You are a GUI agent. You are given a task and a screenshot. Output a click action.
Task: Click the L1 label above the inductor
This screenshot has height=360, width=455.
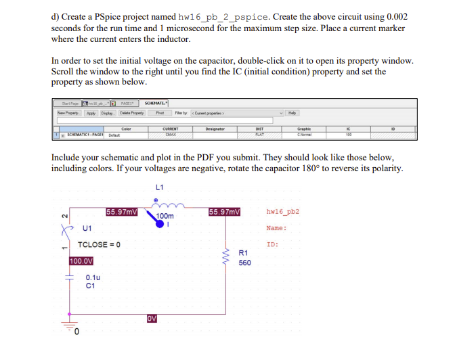[x=160, y=187]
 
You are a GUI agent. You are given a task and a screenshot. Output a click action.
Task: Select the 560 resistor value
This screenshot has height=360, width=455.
[x=245, y=263]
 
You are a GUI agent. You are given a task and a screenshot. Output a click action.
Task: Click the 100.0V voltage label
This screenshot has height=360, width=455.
[x=81, y=261]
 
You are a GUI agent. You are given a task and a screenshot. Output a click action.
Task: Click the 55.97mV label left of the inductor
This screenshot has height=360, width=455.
[x=122, y=212]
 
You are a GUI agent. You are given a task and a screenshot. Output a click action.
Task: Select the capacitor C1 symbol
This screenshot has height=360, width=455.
[x=69, y=277]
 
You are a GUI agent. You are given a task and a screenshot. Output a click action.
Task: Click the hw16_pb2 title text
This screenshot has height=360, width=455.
[x=283, y=211]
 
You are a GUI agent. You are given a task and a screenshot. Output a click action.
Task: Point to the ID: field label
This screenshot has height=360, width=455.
[x=273, y=244]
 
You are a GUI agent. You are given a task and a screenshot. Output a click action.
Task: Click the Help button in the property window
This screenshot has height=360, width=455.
[x=292, y=113]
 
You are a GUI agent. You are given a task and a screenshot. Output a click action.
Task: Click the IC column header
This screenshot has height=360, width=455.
[x=349, y=128]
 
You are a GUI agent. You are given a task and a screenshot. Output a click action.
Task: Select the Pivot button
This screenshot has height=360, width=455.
[x=161, y=113]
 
